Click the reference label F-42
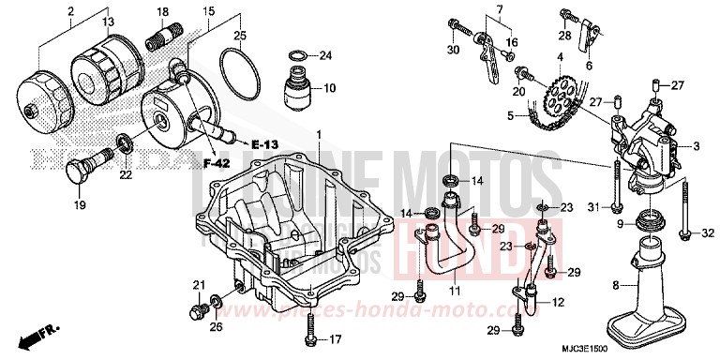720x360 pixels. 217,164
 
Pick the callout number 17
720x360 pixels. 335,339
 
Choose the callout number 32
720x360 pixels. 708,232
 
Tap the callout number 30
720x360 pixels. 454,49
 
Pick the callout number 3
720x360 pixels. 697,146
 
